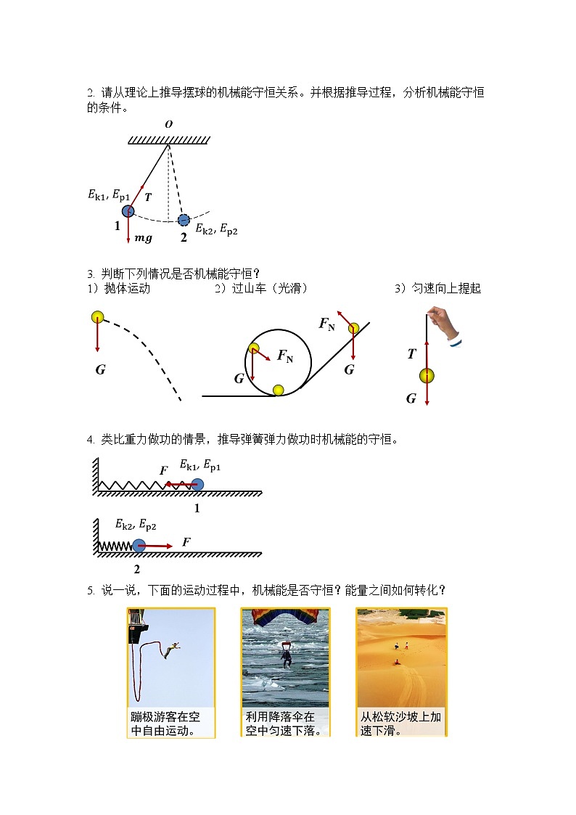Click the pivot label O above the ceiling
click(168, 124)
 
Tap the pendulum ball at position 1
click(128, 211)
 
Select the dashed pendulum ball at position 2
click(184, 219)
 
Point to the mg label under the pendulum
click(143, 237)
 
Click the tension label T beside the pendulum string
click(148, 197)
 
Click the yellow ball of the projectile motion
click(98, 316)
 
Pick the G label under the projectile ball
click(100, 369)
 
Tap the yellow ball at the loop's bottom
click(278, 390)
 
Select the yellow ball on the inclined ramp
click(353, 329)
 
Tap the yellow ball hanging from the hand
click(427, 375)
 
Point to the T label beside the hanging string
click(411, 354)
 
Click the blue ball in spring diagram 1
click(197, 484)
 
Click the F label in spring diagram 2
click(186, 542)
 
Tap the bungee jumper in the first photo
click(171, 650)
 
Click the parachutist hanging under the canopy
click(286, 657)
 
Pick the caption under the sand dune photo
click(401, 723)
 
